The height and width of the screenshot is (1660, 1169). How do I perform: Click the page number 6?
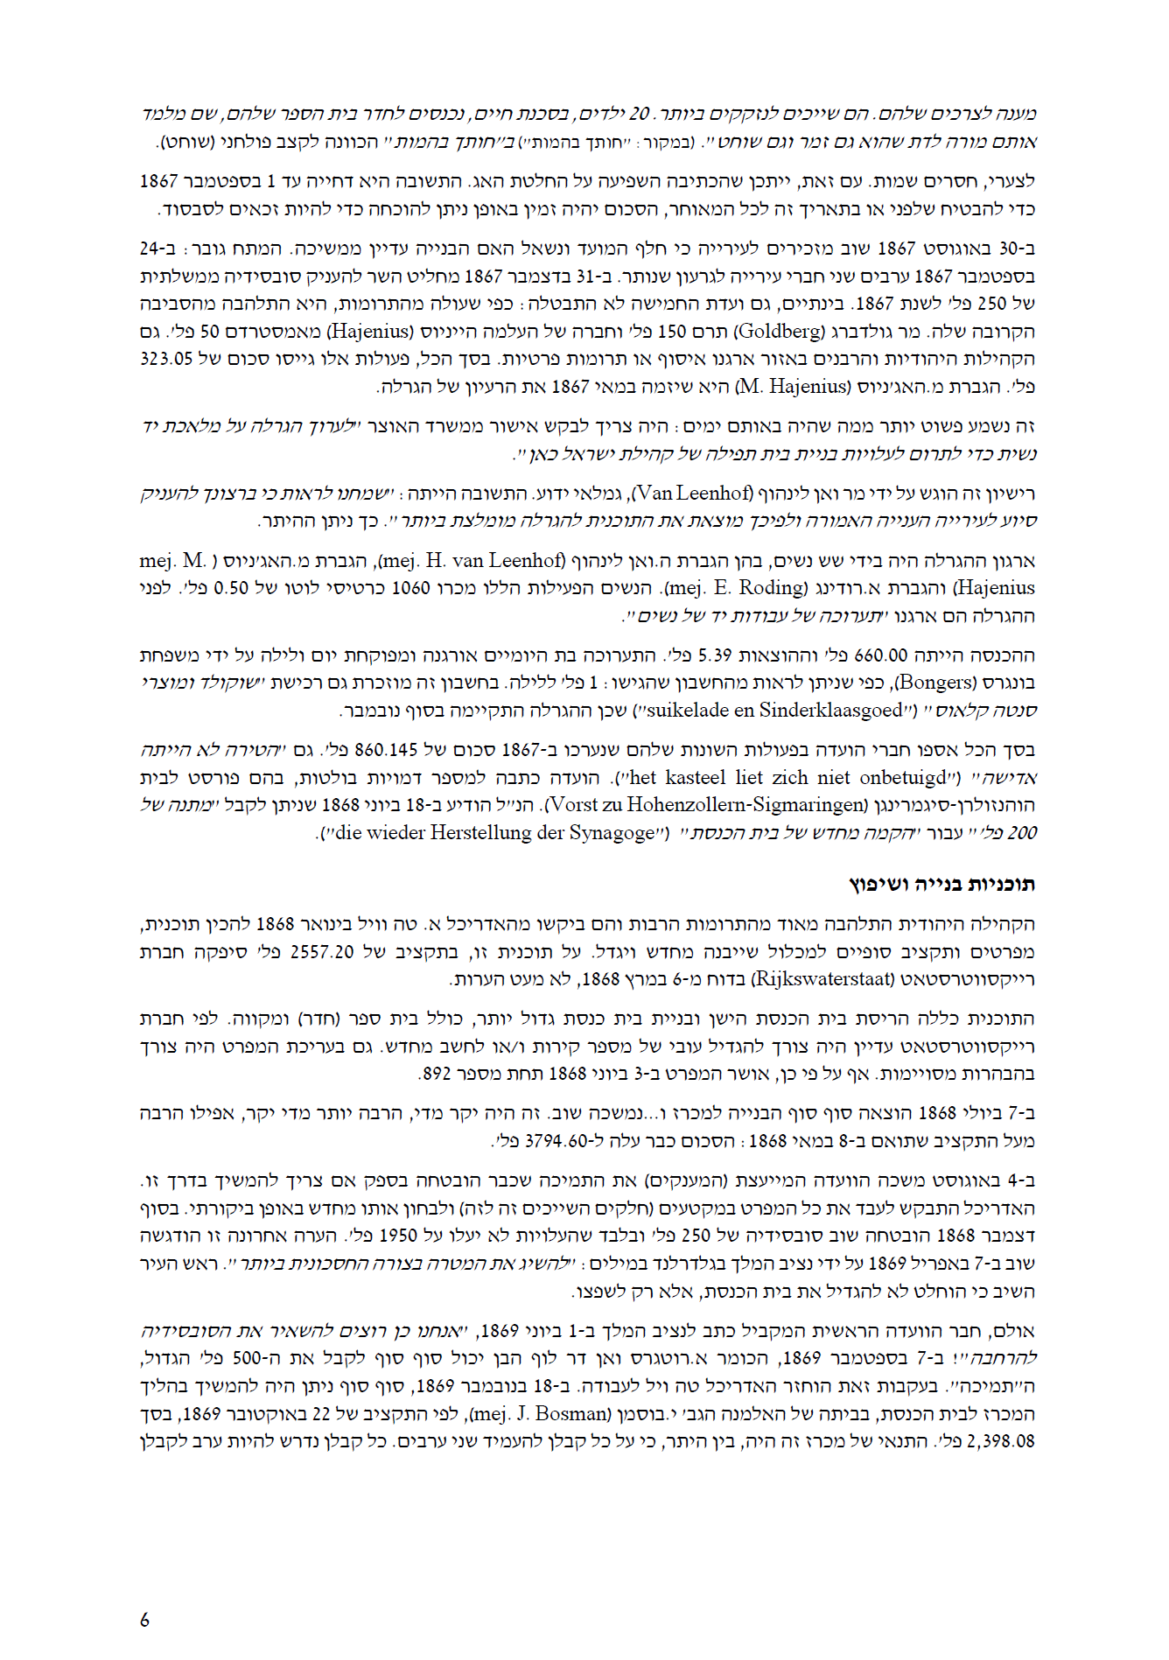(x=144, y=1620)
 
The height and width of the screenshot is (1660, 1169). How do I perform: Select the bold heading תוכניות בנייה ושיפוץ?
(x=942, y=884)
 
